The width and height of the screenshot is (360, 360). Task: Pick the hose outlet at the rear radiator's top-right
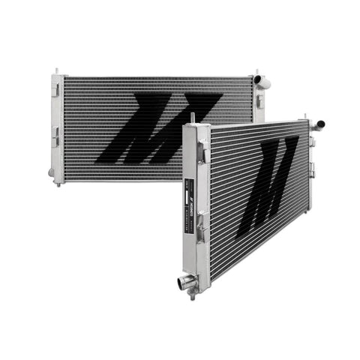tap(259, 79)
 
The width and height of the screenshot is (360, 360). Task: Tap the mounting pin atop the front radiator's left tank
tap(193, 118)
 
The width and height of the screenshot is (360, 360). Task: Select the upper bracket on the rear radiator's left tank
tap(56, 89)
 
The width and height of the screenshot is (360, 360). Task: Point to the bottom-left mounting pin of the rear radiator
tap(58, 181)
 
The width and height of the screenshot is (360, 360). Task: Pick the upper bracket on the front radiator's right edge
tap(313, 142)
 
